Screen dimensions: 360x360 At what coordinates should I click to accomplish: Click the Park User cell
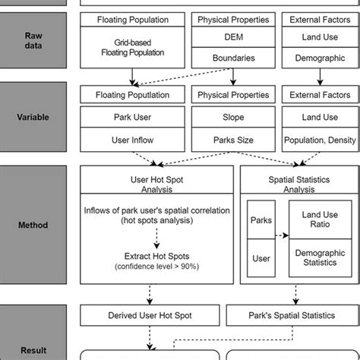pos(133,118)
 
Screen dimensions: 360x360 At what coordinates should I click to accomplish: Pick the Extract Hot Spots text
pos(156,257)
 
